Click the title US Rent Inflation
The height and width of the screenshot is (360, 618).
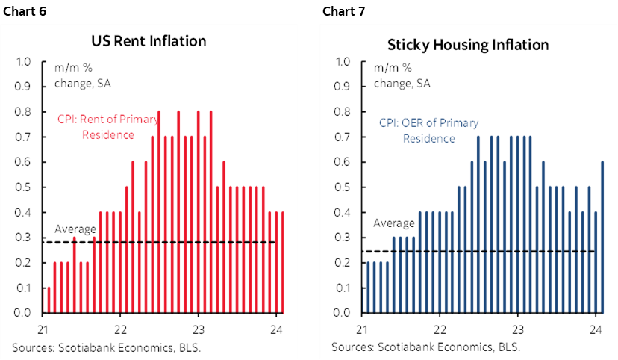coord(149,40)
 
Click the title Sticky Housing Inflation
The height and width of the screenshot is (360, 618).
coord(468,45)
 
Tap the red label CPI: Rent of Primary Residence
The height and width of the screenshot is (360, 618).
coord(96,126)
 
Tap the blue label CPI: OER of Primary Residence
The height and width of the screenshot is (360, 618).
coord(429,131)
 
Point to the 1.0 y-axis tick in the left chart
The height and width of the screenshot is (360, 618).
coord(24,62)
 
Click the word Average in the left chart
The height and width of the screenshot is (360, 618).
coord(76,229)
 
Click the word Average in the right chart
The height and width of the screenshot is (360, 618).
coord(393,223)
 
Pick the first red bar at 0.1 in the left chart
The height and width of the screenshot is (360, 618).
coord(49,300)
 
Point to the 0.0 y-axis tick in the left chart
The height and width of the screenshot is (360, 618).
coord(24,313)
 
